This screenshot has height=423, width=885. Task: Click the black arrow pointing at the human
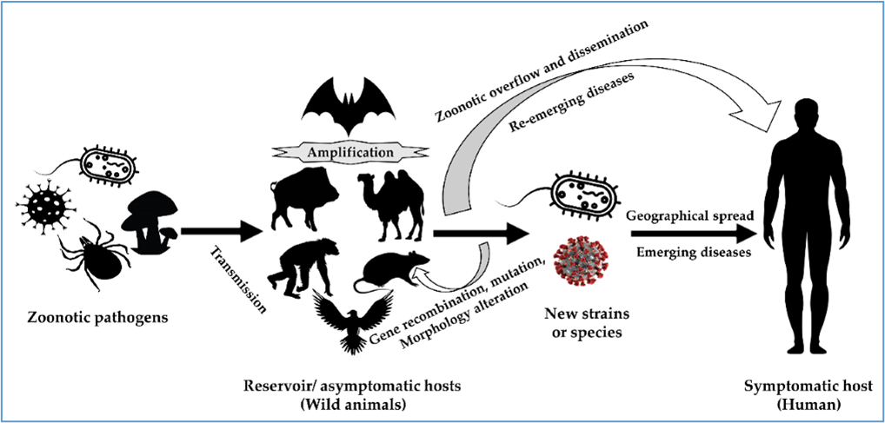click(694, 234)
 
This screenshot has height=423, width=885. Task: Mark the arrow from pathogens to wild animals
click(223, 230)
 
